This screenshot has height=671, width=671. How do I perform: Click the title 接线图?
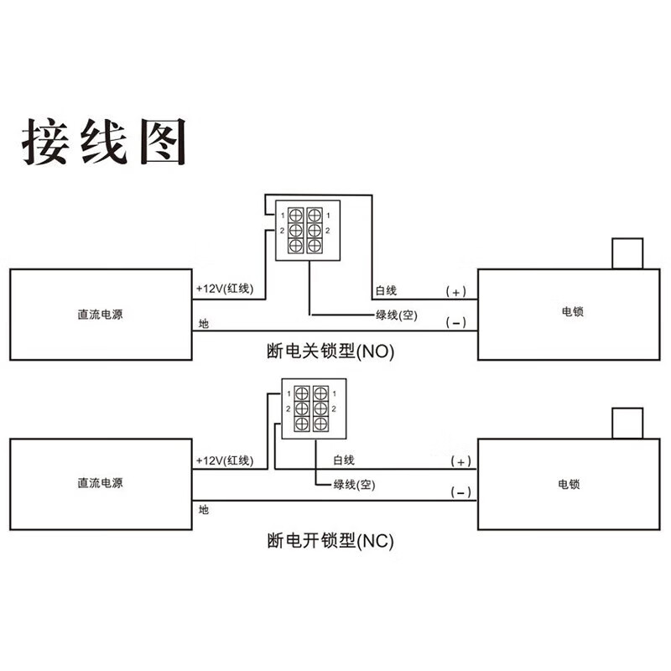(x=104, y=141)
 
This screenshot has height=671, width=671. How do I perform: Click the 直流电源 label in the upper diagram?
(x=100, y=315)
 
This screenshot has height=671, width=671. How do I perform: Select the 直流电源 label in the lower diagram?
(x=100, y=483)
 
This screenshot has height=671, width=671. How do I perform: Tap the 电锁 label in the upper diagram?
(x=573, y=311)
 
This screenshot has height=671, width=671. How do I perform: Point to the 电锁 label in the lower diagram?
(x=569, y=485)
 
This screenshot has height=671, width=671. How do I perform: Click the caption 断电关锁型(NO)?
(x=330, y=351)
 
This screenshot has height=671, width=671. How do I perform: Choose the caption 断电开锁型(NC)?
(x=330, y=541)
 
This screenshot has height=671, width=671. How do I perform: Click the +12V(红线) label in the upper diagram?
(x=225, y=289)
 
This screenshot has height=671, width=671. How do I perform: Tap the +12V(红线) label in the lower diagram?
(x=225, y=460)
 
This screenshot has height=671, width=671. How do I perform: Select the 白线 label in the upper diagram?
(x=386, y=290)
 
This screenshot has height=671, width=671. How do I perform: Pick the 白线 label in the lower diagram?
(x=344, y=460)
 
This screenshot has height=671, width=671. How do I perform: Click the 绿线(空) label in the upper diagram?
(x=396, y=315)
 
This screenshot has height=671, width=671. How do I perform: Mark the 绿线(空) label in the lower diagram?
(x=354, y=485)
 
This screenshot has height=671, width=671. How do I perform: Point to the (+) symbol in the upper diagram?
(x=455, y=292)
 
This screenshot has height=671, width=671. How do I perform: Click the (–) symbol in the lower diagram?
(x=460, y=492)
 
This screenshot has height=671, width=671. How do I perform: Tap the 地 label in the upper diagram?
(x=204, y=324)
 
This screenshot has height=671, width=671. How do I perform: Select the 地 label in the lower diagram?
(x=204, y=510)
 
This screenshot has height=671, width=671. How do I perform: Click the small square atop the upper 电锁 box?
(x=627, y=253)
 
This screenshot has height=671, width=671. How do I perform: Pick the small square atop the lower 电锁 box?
(x=627, y=423)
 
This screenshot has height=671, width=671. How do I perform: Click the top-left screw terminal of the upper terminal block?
(x=296, y=216)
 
